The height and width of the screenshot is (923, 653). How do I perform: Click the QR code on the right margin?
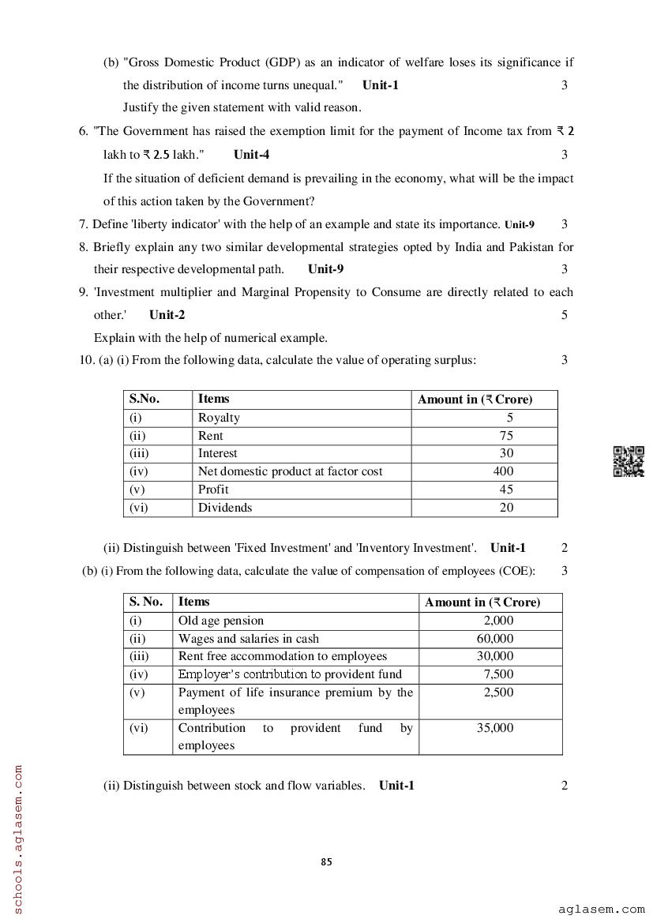[629, 462]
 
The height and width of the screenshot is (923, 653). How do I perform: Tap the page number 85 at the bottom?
[327, 862]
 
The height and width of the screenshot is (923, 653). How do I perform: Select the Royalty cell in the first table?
[219, 418]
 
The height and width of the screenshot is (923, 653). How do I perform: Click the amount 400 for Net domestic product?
[503, 471]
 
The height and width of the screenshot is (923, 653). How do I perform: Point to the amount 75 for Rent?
[506, 436]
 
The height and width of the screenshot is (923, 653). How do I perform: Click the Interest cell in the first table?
[217, 453]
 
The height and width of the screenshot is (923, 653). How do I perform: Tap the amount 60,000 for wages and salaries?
[495, 639]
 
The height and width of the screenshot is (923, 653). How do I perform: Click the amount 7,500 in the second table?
[498, 674]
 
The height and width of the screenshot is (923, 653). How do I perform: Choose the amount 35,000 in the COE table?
[495, 728]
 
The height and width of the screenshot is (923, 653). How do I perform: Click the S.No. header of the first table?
[144, 399]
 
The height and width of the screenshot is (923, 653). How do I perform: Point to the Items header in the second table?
[194, 602]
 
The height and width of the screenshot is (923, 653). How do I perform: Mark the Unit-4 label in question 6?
[251, 155]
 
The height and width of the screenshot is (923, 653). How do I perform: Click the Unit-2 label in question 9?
[167, 315]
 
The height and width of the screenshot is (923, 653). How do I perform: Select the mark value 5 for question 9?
[565, 315]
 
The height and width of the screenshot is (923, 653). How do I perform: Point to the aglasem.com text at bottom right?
[601, 910]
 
